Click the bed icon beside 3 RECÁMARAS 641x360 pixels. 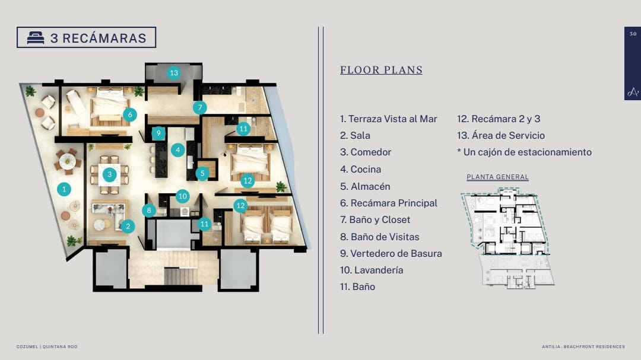point(36,37)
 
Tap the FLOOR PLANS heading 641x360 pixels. point(381,70)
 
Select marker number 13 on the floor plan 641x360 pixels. point(174,73)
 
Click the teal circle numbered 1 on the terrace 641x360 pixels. point(64,189)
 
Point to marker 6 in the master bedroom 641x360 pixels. point(130,114)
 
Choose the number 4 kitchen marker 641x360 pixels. point(178,150)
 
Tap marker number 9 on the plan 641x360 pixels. point(158,133)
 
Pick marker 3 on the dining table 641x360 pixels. point(109,174)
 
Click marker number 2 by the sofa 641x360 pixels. point(128,226)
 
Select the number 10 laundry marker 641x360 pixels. point(183,196)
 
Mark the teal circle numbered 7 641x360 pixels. point(200,107)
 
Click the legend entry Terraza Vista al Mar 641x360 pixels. point(388,119)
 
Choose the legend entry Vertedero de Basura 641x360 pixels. point(391,253)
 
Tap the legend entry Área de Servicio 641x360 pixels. point(501,135)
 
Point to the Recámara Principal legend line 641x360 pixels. point(388,203)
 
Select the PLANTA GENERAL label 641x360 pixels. point(497,177)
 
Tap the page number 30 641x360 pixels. point(633,34)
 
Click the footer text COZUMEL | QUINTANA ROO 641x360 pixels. point(47,346)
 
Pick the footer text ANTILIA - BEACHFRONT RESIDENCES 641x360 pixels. point(583,346)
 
